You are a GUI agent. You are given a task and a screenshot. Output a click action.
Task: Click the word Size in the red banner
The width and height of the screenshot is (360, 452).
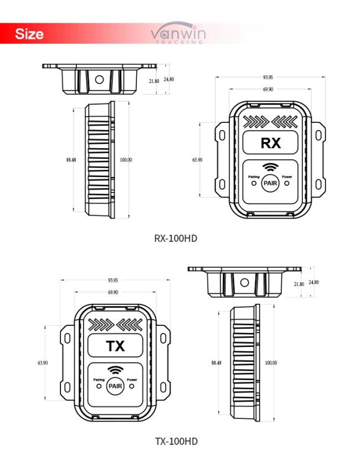click(x=29, y=34)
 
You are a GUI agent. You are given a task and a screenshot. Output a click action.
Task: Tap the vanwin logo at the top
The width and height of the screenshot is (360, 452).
click(x=178, y=33)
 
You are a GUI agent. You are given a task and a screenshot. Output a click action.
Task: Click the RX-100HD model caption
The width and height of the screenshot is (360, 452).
click(x=176, y=238)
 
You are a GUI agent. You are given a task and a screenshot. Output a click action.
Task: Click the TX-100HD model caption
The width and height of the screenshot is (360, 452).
click(x=176, y=441)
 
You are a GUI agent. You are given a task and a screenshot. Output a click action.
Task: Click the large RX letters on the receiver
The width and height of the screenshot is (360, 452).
click(x=270, y=143)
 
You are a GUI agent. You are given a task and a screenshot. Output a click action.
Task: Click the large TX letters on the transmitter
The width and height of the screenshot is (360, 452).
click(x=116, y=346)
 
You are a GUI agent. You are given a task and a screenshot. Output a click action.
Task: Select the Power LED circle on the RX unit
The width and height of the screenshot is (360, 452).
click(x=287, y=183)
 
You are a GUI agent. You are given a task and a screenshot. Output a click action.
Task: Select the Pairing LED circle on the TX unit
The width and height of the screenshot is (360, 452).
click(x=99, y=386)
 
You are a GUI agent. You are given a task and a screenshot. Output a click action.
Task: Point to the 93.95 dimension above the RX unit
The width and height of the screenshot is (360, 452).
click(x=268, y=77)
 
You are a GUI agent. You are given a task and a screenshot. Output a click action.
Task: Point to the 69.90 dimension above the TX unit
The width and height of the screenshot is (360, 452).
click(x=113, y=292)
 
